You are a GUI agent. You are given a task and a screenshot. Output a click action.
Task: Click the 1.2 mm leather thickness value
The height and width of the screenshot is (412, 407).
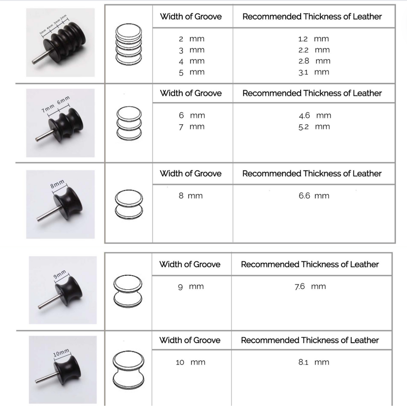point(313,39)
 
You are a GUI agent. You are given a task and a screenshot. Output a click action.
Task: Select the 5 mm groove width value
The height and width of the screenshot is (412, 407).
point(191,72)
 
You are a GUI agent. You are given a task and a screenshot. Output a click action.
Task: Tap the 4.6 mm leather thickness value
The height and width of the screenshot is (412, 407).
point(315,116)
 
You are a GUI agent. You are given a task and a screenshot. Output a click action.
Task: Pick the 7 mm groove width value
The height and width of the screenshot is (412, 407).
point(191,127)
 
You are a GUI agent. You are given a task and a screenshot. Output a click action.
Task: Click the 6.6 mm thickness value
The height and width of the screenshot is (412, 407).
point(314,196)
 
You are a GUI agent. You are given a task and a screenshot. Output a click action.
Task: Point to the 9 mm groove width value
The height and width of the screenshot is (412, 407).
point(191,286)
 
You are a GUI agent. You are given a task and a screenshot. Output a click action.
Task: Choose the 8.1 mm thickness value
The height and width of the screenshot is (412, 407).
point(314,362)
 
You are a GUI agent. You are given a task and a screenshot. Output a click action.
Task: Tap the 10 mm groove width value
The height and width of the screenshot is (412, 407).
point(191,362)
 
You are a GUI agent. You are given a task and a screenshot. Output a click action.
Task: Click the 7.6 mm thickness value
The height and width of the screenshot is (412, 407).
point(310,286)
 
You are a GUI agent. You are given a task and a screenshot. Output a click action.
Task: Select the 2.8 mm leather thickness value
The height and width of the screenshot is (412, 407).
point(314,61)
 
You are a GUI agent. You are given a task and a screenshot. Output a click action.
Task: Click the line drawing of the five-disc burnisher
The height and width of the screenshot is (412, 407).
point(128,44)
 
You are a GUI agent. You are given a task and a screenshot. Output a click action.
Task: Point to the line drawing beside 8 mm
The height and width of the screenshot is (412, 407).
point(128,204)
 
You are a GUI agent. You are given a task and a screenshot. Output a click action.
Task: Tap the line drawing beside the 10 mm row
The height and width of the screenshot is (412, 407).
point(128,370)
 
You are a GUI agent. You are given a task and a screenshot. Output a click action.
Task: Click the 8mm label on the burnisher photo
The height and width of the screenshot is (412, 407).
point(57,184)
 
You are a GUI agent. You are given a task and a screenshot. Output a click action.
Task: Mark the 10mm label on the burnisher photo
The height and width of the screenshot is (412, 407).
point(61,353)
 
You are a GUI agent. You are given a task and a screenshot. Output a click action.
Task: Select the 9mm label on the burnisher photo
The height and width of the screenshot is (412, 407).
point(59,274)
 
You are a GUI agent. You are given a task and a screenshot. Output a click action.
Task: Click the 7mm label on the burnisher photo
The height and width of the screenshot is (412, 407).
point(48,108)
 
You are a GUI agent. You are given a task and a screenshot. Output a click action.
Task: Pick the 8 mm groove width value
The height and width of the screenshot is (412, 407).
point(191,196)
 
